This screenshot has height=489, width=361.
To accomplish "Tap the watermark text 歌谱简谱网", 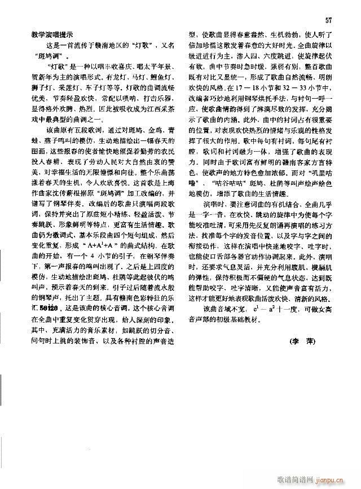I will pos(293,478).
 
